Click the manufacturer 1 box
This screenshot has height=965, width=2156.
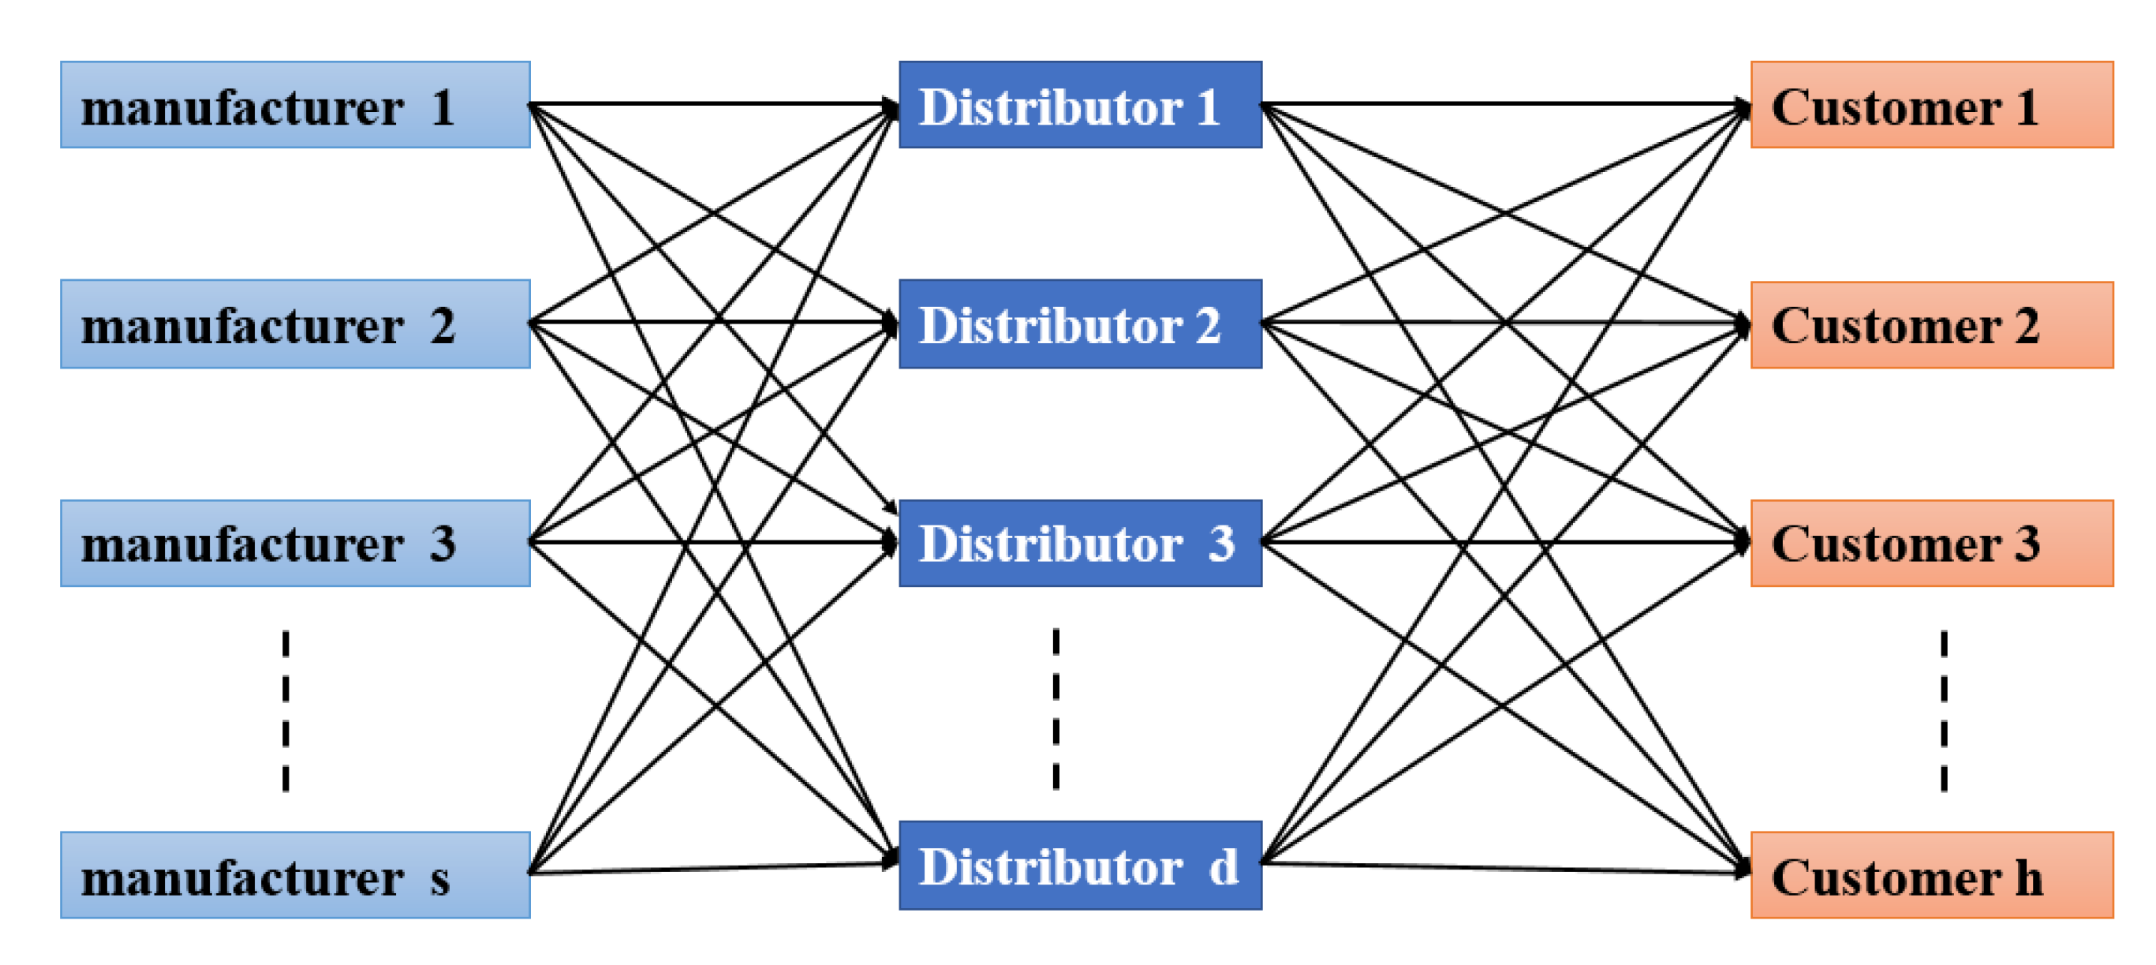294,105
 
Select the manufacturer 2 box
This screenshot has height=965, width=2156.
294,324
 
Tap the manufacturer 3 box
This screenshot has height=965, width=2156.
294,543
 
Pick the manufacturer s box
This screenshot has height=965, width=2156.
294,874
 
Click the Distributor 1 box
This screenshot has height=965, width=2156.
1080,105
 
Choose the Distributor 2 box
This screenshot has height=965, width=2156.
1080,324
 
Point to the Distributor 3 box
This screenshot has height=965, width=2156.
1080,543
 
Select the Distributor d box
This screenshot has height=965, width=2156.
1080,865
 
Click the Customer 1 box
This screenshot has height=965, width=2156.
1932,105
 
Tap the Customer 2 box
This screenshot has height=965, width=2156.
1932,325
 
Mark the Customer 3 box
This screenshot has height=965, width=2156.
1932,543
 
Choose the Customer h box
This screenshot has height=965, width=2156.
1932,874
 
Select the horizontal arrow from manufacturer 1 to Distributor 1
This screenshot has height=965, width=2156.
712,104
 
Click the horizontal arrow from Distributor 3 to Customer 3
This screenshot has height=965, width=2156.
1507,542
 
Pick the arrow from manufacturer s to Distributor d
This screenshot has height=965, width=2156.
712,868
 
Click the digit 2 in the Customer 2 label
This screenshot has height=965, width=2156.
2027,325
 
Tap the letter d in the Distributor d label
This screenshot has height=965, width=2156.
1223,867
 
